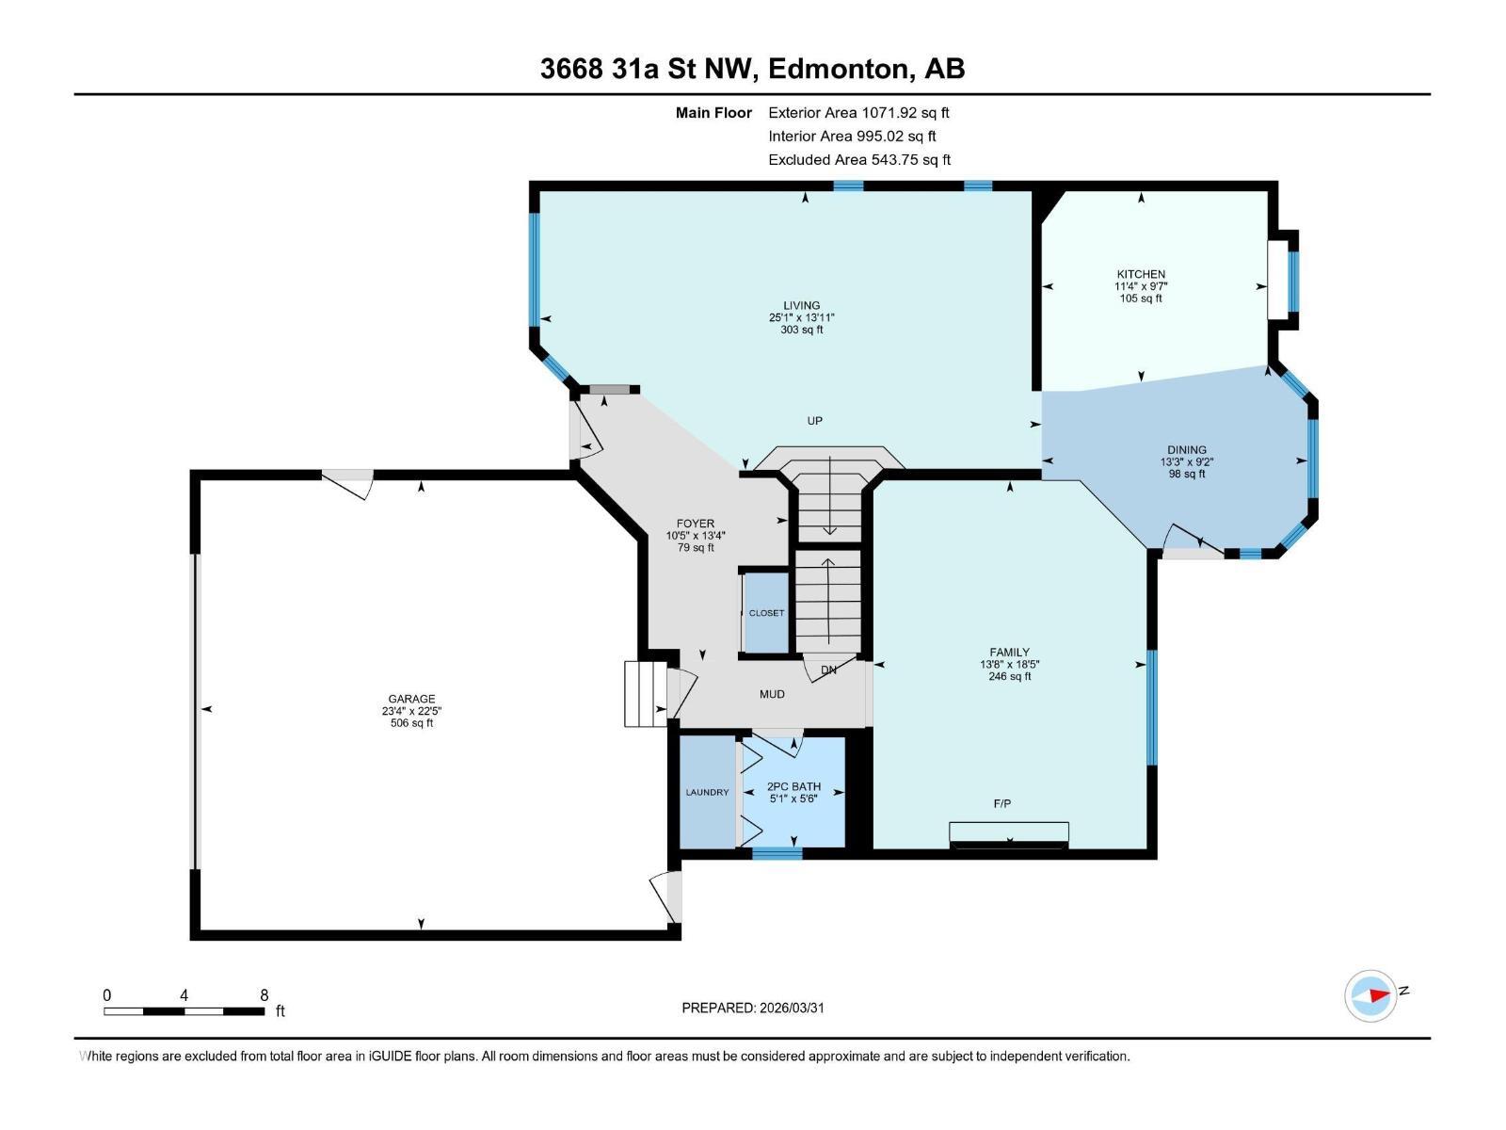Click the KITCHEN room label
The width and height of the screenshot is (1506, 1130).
coord(1141,274)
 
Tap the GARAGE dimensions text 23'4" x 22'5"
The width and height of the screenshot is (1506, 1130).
coord(412,711)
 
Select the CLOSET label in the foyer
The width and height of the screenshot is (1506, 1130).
coord(766,613)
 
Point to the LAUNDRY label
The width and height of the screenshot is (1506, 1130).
coord(707,792)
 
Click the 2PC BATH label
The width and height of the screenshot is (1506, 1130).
coord(793,786)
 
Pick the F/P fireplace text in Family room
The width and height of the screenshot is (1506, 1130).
coord(1002,803)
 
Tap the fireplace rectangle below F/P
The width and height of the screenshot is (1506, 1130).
coord(1009,833)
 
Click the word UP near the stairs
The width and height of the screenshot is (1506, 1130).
coord(815,421)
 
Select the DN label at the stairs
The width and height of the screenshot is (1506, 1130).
coord(828,670)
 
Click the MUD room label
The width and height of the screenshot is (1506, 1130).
coord(772,694)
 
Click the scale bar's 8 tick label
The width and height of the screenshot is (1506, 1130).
coord(264,995)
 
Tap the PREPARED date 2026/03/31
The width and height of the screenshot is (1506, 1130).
coord(791,1008)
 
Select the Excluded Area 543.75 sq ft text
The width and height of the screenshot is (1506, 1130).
coord(858,160)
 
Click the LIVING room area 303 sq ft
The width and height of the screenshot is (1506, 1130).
coord(802,330)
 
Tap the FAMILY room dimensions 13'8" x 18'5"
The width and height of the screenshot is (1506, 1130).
coord(1009,664)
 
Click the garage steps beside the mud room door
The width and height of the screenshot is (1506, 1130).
coord(645,694)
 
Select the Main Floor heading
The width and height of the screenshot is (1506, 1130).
coord(713,113)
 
